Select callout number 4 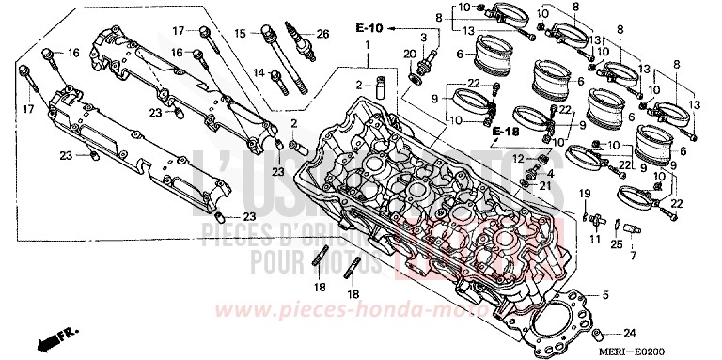pos(551,174)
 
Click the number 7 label pos(631,256)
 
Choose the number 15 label pos(240,33)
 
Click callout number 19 pos(584,194)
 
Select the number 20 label pos(409,54)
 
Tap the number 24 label pos(630,333)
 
